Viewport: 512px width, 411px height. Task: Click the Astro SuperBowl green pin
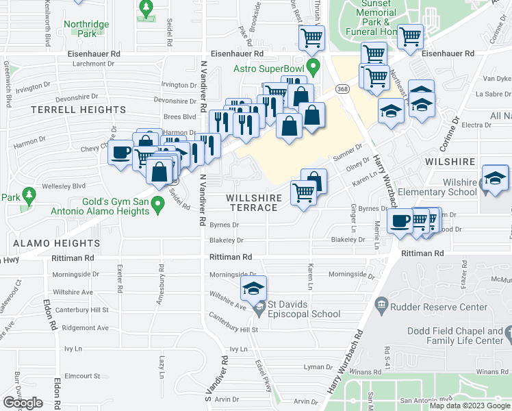tap(313, 67)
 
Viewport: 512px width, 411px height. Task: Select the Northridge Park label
tap(86, 29)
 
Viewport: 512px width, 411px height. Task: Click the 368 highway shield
tap(343, 89)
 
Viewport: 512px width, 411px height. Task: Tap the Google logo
tap(23, 402)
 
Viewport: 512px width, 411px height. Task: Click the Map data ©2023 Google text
tap(470, 406)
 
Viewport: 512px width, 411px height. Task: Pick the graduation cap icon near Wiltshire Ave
tap(253, 288)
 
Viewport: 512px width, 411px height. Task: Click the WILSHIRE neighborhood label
tap(449, 162)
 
